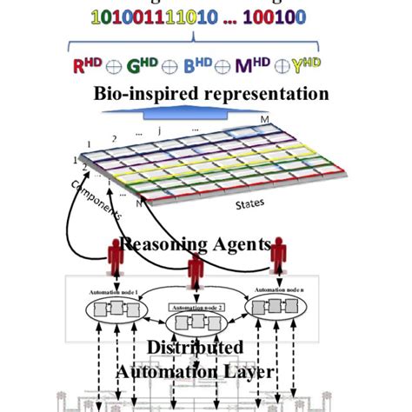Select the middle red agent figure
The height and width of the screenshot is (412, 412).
pyautogui.click(x=194, y=265)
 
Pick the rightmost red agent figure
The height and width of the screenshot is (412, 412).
pyautogui.click(x=277, y=255)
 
